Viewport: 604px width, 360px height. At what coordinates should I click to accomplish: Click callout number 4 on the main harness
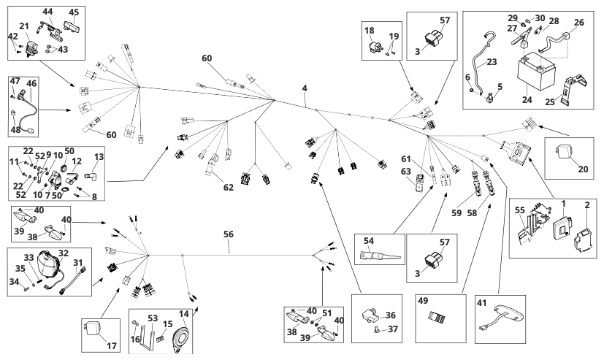click(x=303, y=89)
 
